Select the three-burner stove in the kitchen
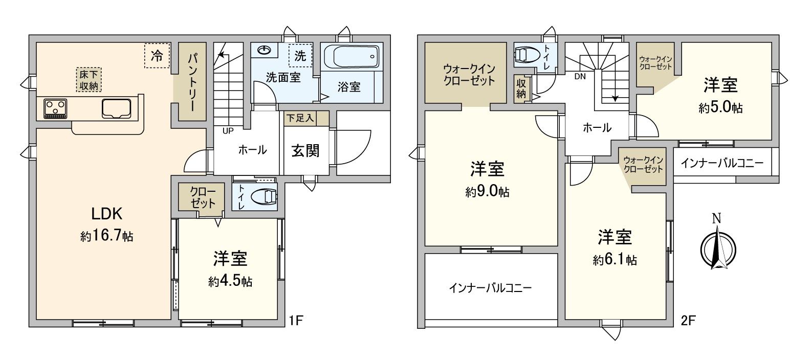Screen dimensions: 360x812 pos(55,108)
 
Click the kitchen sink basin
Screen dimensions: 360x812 pos(117,108)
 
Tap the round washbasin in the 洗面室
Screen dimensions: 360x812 pos(265,50)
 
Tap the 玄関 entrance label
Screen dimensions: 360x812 pos(305,150)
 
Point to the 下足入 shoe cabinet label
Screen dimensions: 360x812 pos(300,118)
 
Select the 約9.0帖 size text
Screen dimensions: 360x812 pos(487,192)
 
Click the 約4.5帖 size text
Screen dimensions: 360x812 pos(230,281)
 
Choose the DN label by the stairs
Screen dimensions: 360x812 pos(580,77)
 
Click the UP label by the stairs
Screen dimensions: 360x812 pos(228,130)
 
